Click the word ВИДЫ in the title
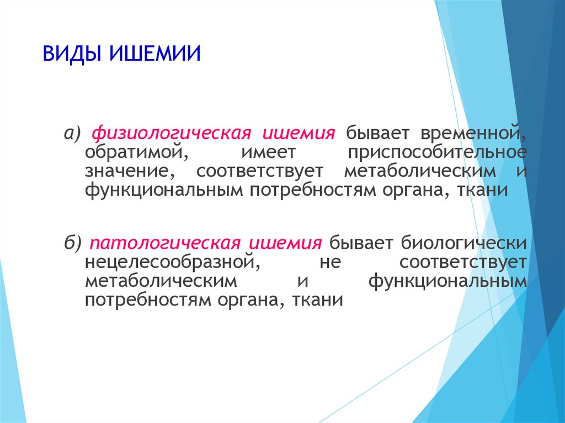pyautogui.click(x=73, y=54)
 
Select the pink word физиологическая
pyautogui.click(x=172, y=133)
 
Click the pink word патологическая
pyautogui.click(x=164, y=243)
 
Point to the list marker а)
pyautogui.click(x=73, y=133)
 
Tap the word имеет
pyautogui.click(x=268, y=153)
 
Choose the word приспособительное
pyautogui.click(x=437, y=153)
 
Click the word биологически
pyautogui.click(x=464, y=243)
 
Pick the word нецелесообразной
pyautogui.click(x=173, y=262)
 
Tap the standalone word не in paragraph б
pyautogui.click(x=330, y=263)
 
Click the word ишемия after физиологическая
pyautogui.click(x=299, y=133)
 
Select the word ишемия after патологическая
pyautogui.click(x=285, y=243)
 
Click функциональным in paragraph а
pyautogui.click(x=164, y=190)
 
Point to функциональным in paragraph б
pyautogui.click(x=447, y=281)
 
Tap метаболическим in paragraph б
pyautogui.click(x=161, y=281)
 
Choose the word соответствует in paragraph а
pyautogui.click(x=260, y=172)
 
